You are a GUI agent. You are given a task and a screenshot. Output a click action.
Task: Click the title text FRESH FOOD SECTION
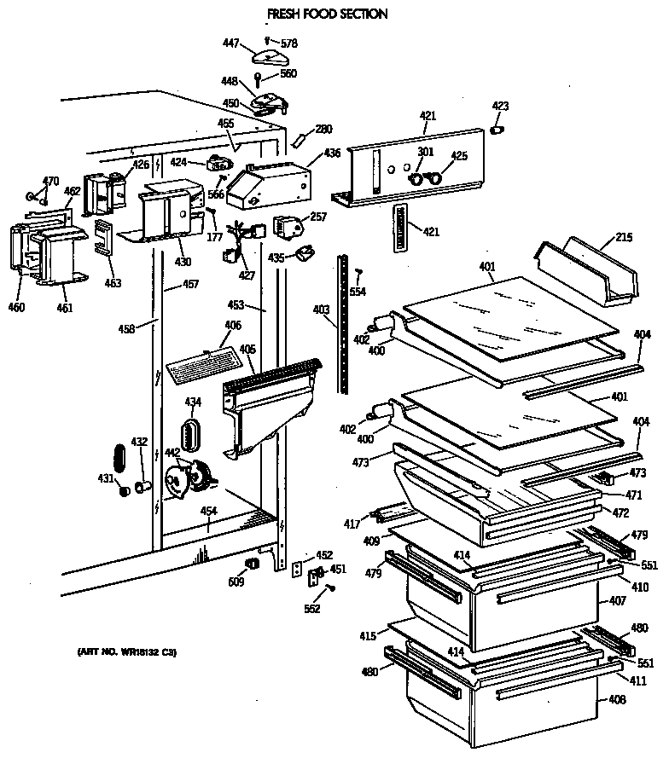(315, 14)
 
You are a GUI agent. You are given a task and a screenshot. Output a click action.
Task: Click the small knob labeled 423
(499, 129)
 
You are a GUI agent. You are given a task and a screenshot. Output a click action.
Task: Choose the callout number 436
(331, 153)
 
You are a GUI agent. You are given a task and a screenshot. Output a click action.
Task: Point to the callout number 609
(236, 582)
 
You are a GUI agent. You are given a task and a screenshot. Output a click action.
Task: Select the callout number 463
(113, 283)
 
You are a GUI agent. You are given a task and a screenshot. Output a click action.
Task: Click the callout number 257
(318, 218)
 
